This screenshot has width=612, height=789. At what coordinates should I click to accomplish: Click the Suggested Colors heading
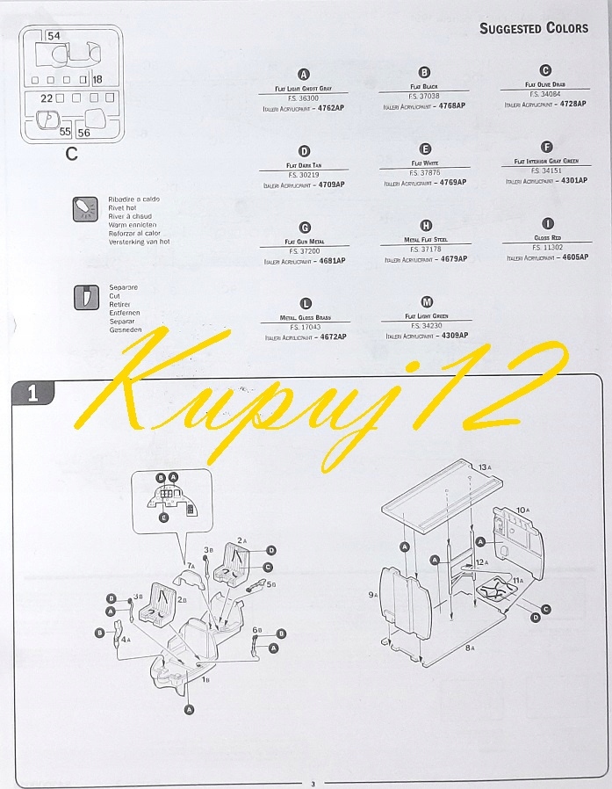tap(534, 28)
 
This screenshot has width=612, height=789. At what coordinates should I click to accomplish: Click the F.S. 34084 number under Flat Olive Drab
tap(544, 93)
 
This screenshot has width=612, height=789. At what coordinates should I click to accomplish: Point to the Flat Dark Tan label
tap(304, 164)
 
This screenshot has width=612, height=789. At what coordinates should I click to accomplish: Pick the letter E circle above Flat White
tap(426, 149)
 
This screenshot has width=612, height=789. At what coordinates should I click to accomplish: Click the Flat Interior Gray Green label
tap(546, 161)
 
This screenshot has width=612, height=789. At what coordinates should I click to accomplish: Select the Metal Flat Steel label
tap(426, 239)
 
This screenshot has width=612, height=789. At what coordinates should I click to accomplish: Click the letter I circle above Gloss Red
tap(548, 224)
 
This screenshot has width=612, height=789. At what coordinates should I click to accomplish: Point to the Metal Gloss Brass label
tap(305, 316)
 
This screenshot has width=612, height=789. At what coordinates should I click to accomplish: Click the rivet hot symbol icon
tap(85, 209)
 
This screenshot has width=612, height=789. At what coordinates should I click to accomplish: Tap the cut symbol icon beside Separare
tap(85, 296)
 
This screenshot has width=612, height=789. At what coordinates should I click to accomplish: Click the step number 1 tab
tap(32, 394)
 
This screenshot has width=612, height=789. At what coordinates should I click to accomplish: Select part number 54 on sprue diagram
tap(54, 36)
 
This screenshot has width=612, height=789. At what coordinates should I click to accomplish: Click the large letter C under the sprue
tap(72, 155)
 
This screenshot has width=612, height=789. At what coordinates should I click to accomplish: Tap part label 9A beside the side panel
tap(372, 595)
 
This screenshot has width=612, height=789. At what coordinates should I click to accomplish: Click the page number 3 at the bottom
tap(312, 784)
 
